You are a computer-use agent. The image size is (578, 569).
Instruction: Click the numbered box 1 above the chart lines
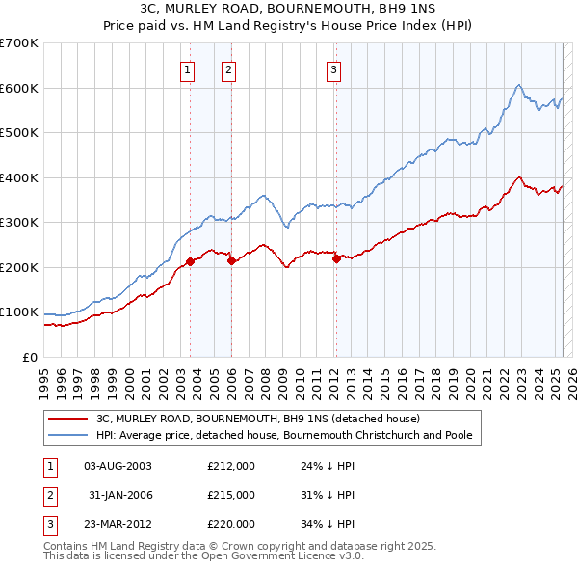[186, 68]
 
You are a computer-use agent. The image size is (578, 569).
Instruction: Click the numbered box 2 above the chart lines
[228, 68]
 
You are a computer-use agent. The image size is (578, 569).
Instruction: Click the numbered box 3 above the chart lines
[332, 68]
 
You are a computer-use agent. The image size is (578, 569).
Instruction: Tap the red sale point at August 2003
[190, 260]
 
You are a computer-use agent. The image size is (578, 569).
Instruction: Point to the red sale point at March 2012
[336, 257]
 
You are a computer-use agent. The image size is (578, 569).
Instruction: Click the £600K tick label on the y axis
[19, 88]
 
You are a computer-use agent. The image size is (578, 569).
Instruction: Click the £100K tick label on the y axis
[19, 312]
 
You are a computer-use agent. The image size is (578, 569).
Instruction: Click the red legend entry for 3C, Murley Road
[257, 419]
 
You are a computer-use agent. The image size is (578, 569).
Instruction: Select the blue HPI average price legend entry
[283, 435]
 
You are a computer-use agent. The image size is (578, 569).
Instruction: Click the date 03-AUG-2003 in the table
[118, 466]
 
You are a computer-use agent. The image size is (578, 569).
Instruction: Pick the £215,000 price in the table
[231, 495]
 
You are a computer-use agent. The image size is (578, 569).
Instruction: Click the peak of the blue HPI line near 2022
[518, 86]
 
